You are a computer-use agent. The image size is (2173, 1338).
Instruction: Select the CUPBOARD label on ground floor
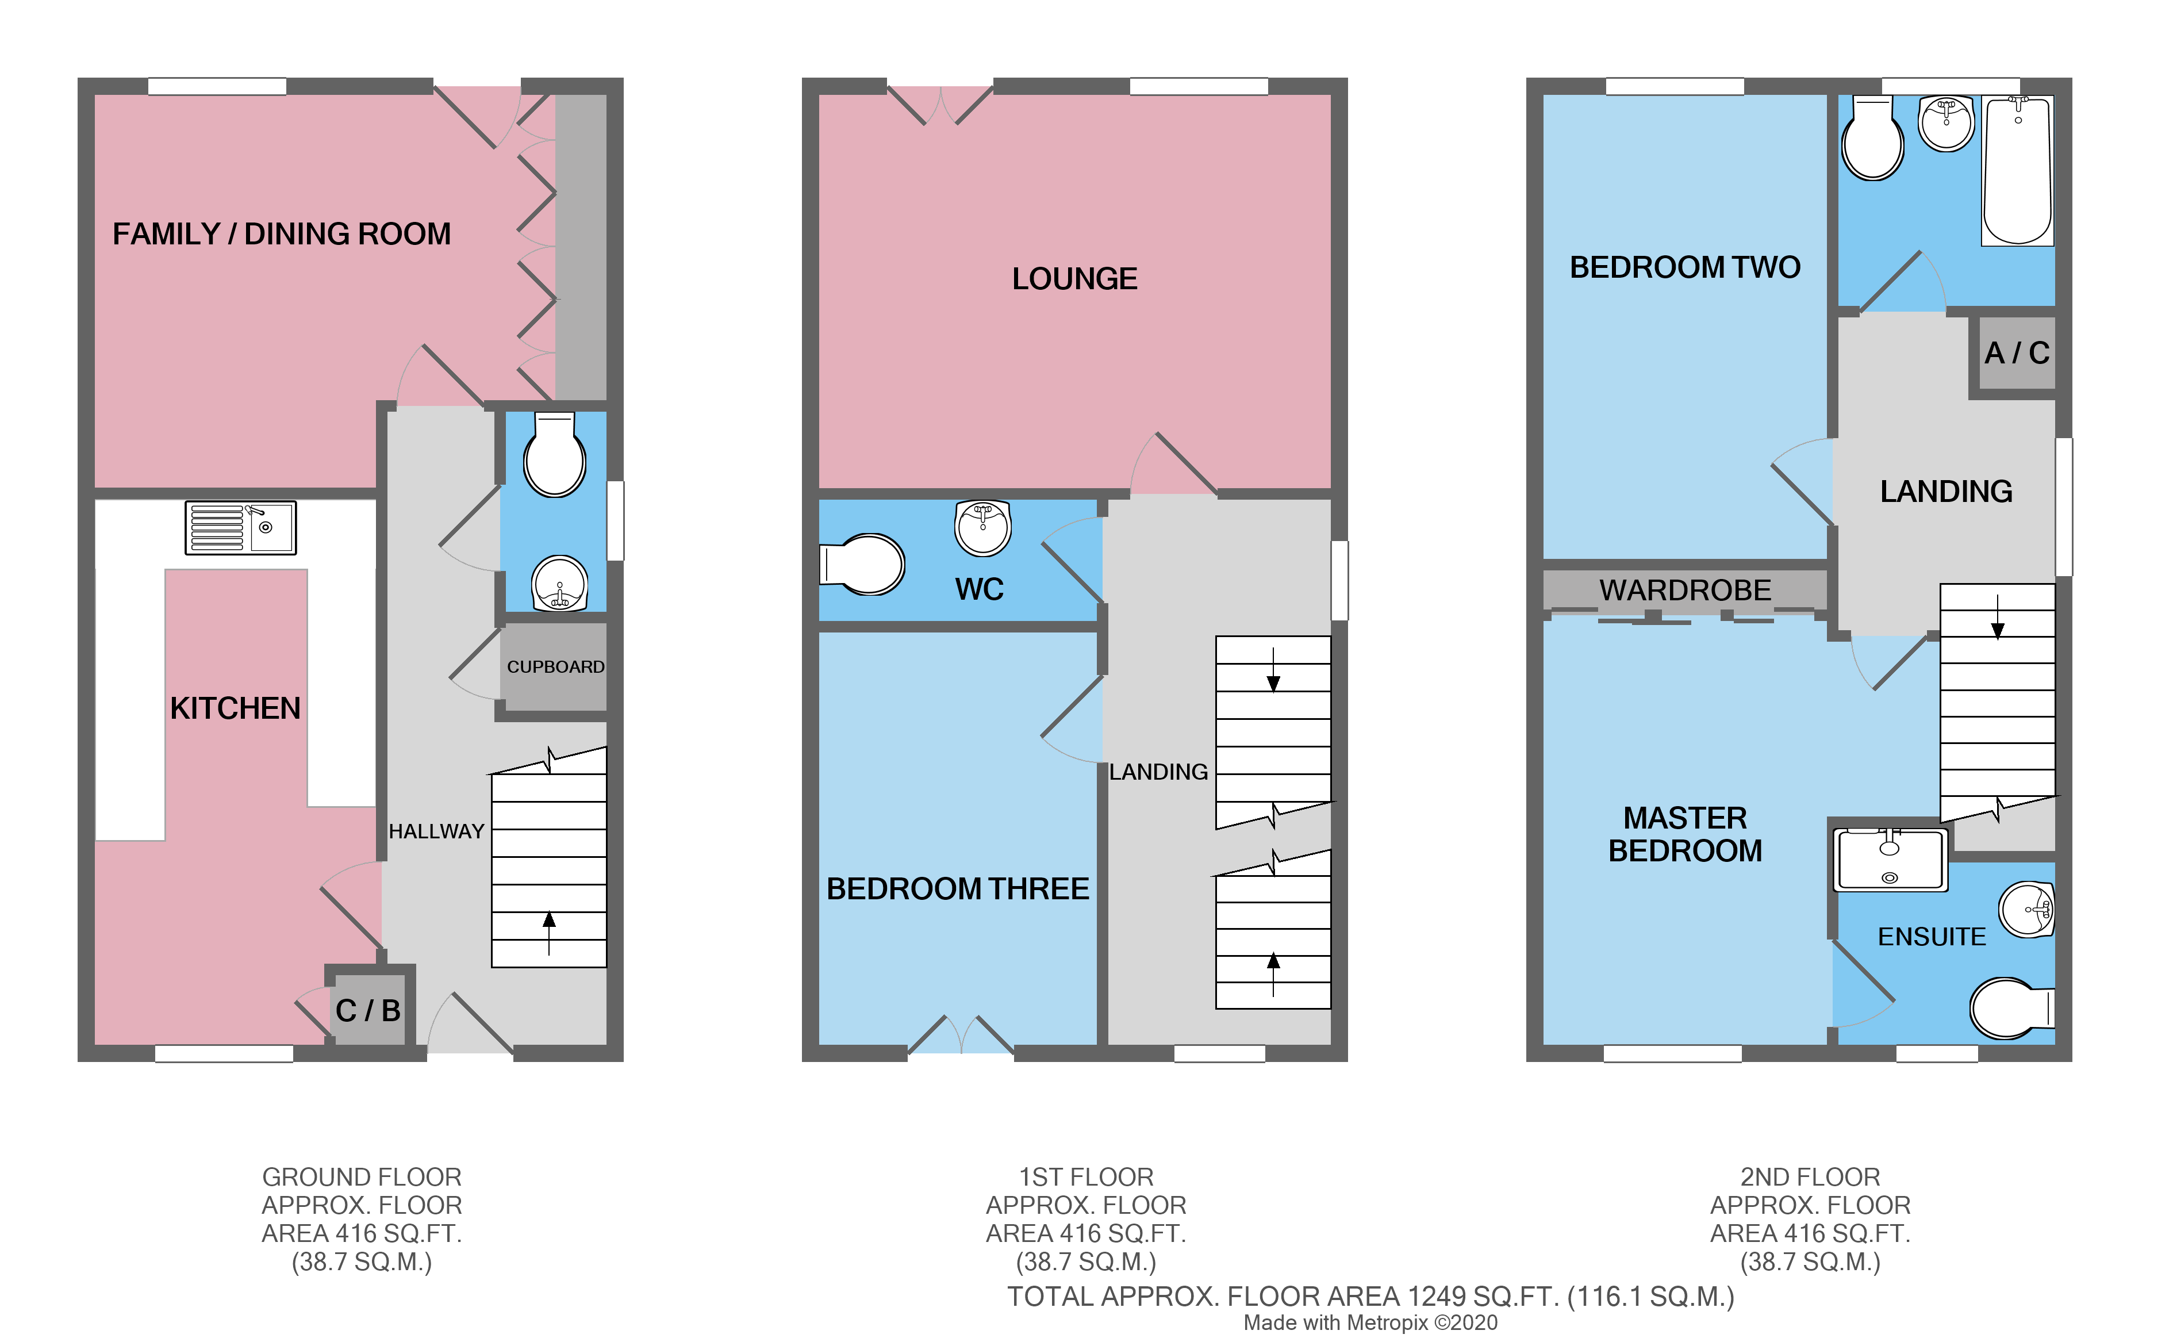(x=555, y=667)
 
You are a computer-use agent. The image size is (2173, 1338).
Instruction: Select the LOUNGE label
(x=1074, y=279)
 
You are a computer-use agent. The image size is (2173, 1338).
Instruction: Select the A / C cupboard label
(x=2017, y=353)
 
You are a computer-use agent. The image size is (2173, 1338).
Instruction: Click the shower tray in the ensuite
(x=1889, y=859)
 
